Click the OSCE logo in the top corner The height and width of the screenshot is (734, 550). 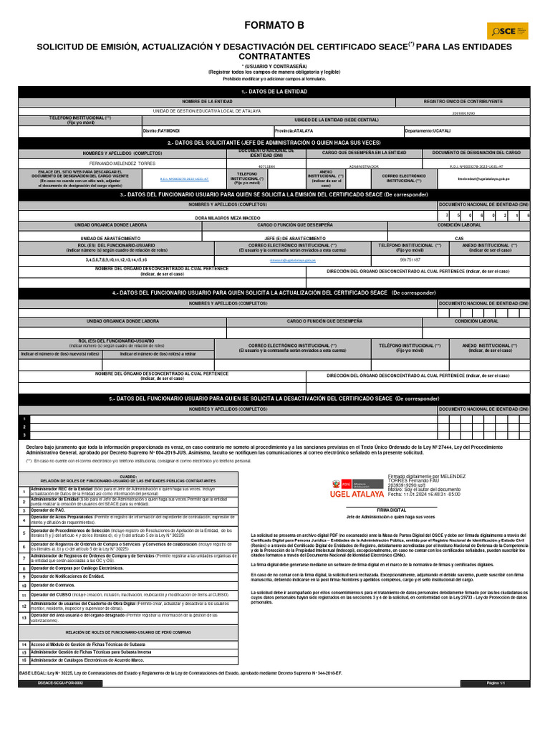[508, 31]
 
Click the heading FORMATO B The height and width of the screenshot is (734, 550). [274, 25]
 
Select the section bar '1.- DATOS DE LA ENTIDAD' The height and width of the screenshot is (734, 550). [274, 92]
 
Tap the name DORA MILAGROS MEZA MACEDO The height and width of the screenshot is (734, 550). [228, 216]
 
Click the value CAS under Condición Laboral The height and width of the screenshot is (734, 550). [459, 238]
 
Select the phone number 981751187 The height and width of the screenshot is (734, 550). [410, 259]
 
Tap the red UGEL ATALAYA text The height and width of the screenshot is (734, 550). [356, 494]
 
